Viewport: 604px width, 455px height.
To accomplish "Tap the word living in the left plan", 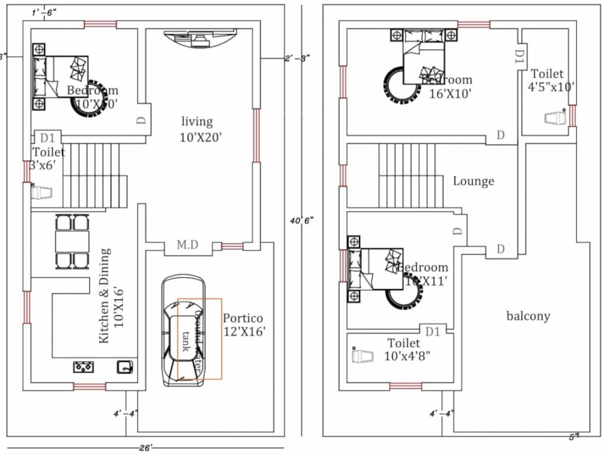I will [x=197, y=121].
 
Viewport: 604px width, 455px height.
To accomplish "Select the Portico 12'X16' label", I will [x=243, y=325].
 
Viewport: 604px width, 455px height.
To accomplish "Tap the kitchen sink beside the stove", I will [x=124, y=367].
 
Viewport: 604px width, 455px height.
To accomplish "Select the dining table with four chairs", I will [x=72, y=241].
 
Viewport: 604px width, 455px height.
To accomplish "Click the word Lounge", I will [x=473, y=181].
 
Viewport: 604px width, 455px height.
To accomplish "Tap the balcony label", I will [x=528, y=316].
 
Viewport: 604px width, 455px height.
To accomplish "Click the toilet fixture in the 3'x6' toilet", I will [x=41, y=192].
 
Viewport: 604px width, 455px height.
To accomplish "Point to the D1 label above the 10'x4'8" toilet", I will [x=433, y=331].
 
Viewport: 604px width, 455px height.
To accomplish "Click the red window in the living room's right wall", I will [x=256, y=135].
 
